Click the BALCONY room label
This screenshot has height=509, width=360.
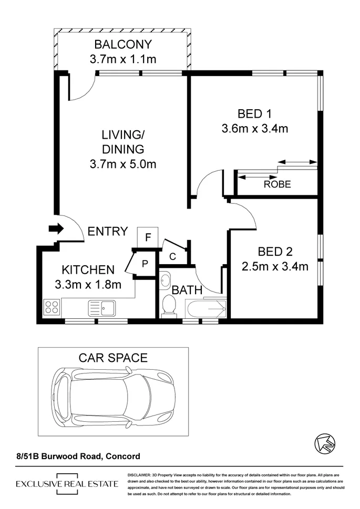click(x=123, y=44)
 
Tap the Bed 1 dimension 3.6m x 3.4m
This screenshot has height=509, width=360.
click(x=255, y=128)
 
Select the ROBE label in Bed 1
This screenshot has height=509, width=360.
click(x=277, y=184)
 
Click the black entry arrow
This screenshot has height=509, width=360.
click(x=56, y=228)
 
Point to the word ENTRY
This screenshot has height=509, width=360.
click(x=107, y=231)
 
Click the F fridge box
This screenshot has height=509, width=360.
click(x=148, y=237)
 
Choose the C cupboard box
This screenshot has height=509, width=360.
click(x=172, y=256)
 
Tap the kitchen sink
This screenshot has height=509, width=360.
click(x=102, y=307)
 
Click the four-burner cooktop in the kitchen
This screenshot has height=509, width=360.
click(x=52, y=306)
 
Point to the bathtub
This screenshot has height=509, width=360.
click(x=205, y=308)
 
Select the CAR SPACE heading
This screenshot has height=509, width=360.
click(x=113, y=358)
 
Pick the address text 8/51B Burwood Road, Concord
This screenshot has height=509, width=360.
click(x=78, y=456)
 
